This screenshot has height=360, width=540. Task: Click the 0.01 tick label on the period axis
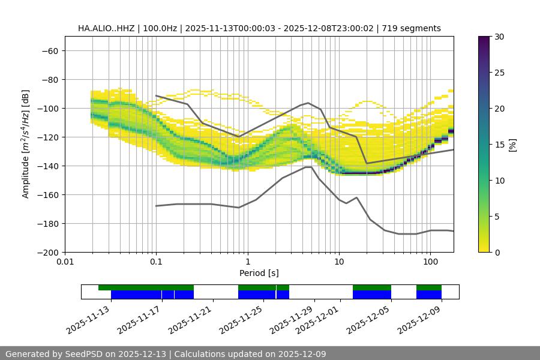click(65, 262)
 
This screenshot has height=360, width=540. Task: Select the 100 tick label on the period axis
click(430, 262)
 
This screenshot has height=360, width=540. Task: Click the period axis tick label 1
click(247, 262)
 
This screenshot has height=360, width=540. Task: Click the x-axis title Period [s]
click(259, 273)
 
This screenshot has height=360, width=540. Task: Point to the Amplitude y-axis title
click(26, 145)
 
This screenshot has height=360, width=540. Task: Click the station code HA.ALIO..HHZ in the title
click(106, 28)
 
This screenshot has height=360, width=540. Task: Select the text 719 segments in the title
click(415, 28)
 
